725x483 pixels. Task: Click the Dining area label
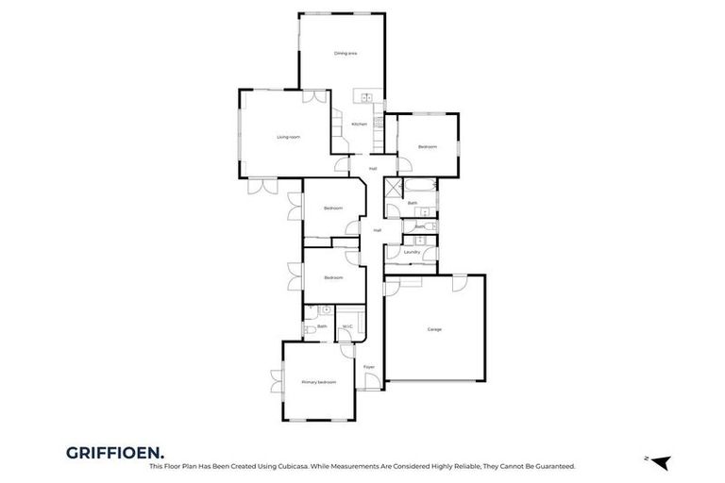(346, 53)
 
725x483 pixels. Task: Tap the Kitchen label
(359, 125)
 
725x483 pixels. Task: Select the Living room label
(288, 138)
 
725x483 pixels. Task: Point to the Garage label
(434, 329)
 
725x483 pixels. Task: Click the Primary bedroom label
(318, 382)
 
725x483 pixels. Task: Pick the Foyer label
(369, 367)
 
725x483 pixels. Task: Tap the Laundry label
(412, 252)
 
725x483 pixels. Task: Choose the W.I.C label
(347, 327)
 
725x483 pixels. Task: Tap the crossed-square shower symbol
(394, 187)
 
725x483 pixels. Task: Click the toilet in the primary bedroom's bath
(310, 330)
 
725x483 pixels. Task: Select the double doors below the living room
(261, 186)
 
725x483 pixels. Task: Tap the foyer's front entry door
(373, 381)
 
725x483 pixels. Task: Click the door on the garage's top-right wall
(460, 283)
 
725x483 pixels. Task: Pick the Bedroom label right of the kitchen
(428, 146)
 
